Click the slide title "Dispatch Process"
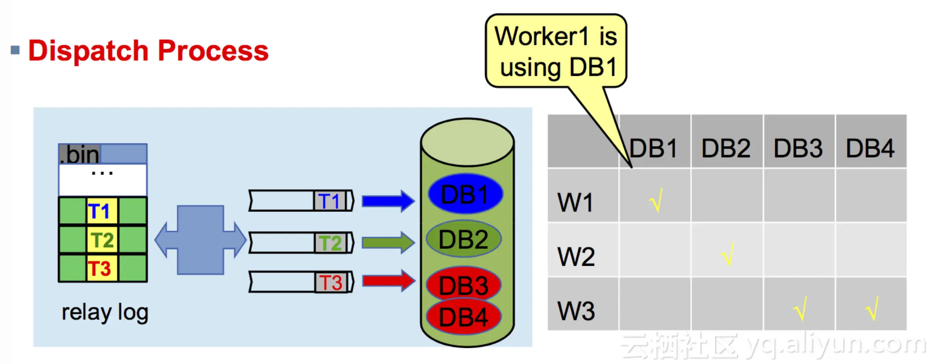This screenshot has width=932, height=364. tap(148, 51)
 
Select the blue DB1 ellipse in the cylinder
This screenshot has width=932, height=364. tap(465, 194)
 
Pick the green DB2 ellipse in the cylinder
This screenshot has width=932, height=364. tap(464, 239)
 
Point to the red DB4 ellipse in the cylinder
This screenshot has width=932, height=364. tap(464, 317)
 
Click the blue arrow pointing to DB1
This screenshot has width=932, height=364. tap(388, 201)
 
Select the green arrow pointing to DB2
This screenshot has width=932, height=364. tap(388, 242)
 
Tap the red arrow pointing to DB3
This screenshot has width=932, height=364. tap(388, 281)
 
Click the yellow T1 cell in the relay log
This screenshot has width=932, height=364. tap(102, 211)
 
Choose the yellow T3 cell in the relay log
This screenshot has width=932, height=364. tap(102, 268)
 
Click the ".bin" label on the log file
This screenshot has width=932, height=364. tap(80, 154)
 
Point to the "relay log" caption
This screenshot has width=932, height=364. tap(105, 313)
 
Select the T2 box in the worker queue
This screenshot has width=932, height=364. tap(331, 243)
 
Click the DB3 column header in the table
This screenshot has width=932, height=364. tap(798, 149)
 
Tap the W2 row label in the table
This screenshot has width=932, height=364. tap(576, 257)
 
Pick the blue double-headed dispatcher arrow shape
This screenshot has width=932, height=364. tap(201, 240)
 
